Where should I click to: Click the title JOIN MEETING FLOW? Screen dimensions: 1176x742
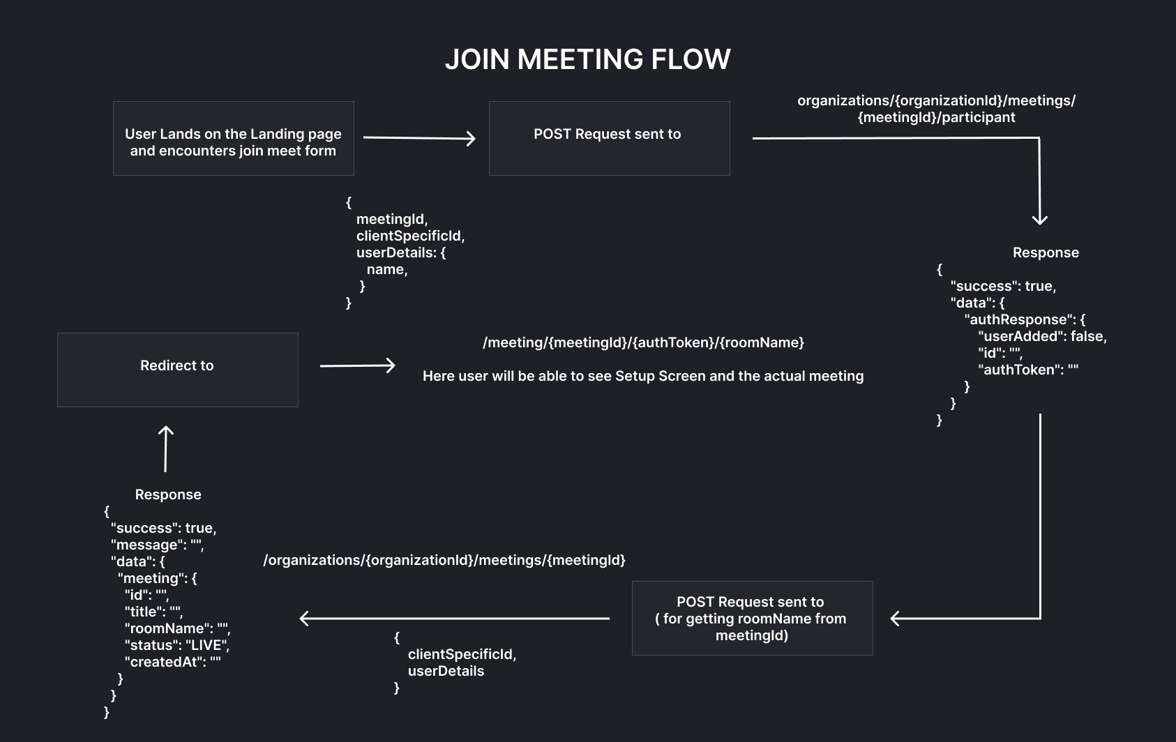(587, 59)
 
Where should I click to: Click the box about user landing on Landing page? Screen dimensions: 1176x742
(234, 139)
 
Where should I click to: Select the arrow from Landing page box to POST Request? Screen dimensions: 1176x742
(419, 138)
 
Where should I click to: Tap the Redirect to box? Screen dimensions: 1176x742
(178, 370)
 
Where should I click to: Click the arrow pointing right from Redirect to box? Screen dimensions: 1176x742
(358, 365)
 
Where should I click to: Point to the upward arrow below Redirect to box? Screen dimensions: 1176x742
(166, 448)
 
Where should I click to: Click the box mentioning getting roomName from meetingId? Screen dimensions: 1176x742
(753, 618)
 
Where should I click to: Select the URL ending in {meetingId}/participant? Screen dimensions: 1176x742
(937, 109)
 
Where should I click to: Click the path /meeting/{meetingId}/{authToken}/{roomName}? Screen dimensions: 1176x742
(643, 342)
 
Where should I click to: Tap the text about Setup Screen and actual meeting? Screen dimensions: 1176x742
(643, 376)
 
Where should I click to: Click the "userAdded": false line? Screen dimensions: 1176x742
(1042, 336)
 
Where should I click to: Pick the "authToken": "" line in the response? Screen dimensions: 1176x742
(1028, 370)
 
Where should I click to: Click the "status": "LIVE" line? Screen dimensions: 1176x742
(177, 646)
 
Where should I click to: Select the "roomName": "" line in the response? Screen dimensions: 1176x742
(177, 628)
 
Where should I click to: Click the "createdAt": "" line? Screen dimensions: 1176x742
(173, 662)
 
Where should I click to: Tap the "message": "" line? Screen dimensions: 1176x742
(157, 545)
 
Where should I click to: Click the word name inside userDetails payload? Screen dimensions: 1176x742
(387, 270)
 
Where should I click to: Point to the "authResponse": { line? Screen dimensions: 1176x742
(1025, 319)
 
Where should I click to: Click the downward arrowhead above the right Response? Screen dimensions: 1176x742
(1040, 219)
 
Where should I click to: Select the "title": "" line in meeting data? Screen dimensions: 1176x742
(154, 612)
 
